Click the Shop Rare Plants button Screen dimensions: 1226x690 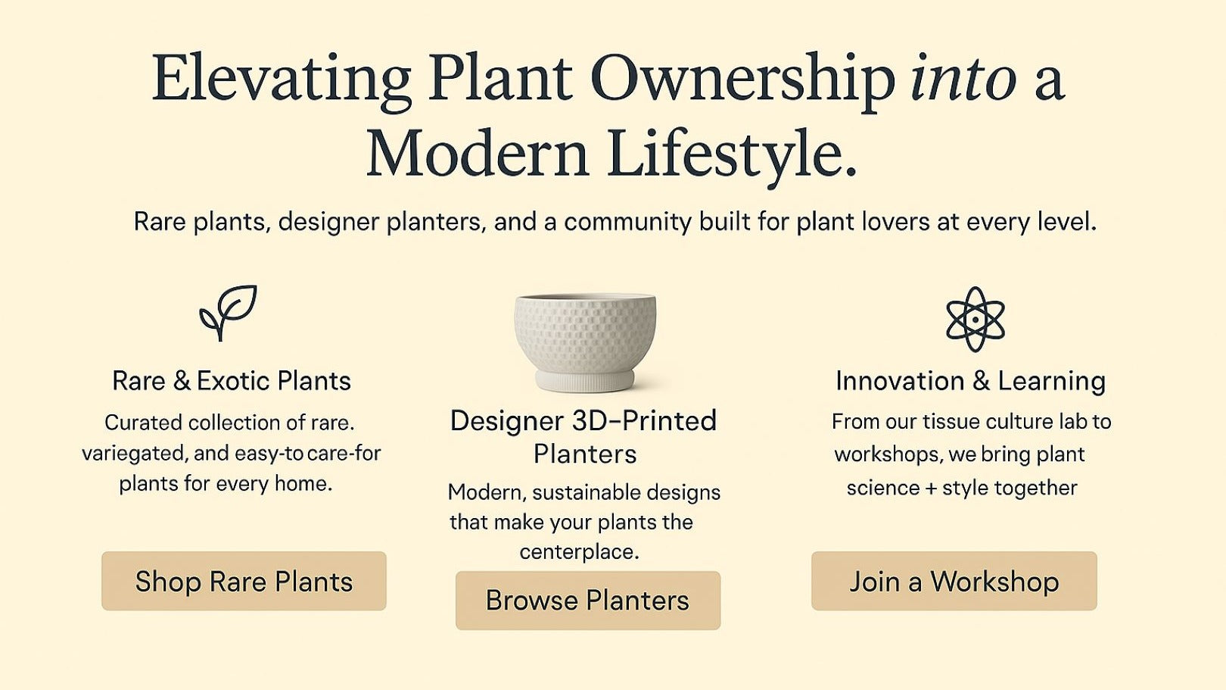click(x=244, y=581)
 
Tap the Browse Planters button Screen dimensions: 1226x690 click(x=588, y=600)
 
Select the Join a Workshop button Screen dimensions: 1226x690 click(x=954, y=581)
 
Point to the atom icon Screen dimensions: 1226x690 click(x=976, y=320)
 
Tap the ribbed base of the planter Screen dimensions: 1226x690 click(x=585, y=381)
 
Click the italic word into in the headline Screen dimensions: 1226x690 click(x=963, y=77)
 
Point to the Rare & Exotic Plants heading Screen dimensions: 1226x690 click(x=232, y=380)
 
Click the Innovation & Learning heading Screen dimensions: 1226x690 click(x=970, y=381)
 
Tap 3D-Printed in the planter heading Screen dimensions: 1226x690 click(x=644, y=420)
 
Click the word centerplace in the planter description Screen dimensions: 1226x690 click(x=578, y=552)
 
